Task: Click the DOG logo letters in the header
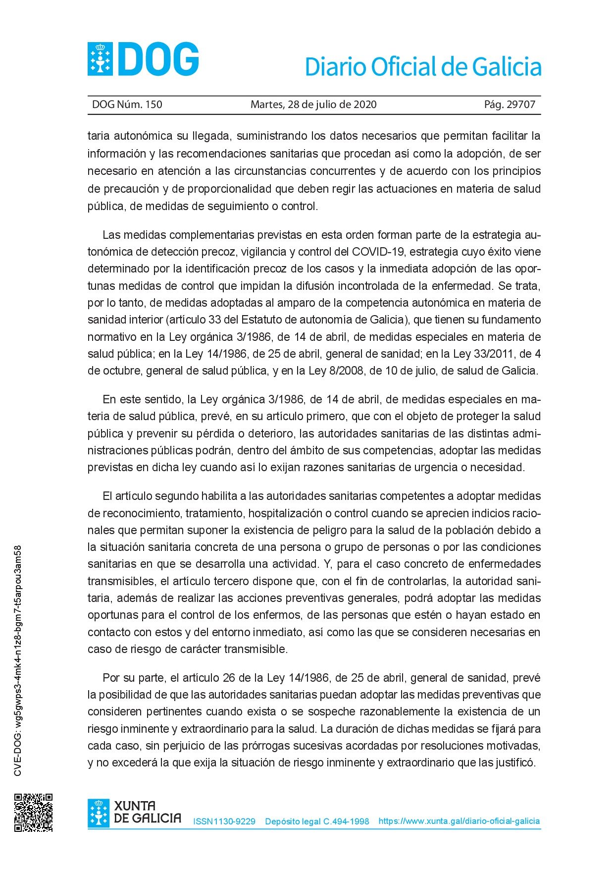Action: coord(158,59)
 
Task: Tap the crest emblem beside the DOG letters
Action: coord(101,59)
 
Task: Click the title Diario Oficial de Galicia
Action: coord(423,67)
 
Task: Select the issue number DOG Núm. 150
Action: coord(127,105)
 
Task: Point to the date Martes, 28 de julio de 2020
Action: coord(313,105)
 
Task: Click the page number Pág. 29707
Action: coord(510,105)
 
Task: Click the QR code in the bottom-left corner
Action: coord(33,813)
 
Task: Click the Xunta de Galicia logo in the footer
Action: coord(135,813)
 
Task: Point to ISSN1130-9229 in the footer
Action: coord(224,821)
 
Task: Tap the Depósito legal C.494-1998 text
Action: coord(317,821)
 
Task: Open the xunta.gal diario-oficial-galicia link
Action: coord(459,821)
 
